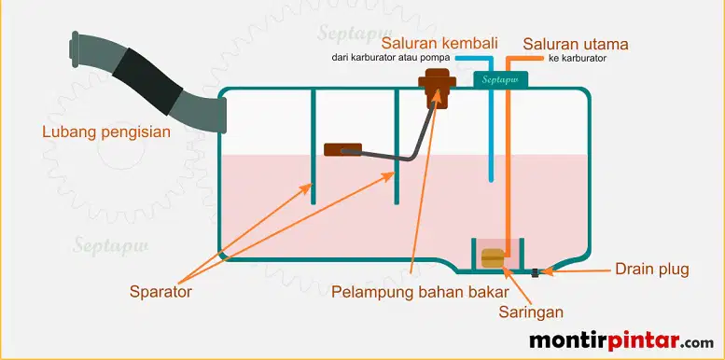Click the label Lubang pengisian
click(x=106, y=132)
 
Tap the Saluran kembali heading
click(x=439, y=44)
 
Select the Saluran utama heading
click(x=576, y=45)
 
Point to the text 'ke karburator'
click(x=578, y=59)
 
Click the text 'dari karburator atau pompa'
click(x=391, y=58)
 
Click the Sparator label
click(x=160, y=292)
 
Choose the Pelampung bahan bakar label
click(x=420, y=292)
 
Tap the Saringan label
click(x=531, y=312)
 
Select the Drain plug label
click(x=652, y=270)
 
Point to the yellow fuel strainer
click(x=493, y=258)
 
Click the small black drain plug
click(x=535, y=272)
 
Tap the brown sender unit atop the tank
click(x=437, y=88)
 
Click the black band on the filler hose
click(x=147, y=82)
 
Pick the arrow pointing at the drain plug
click(x=577, y=271)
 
